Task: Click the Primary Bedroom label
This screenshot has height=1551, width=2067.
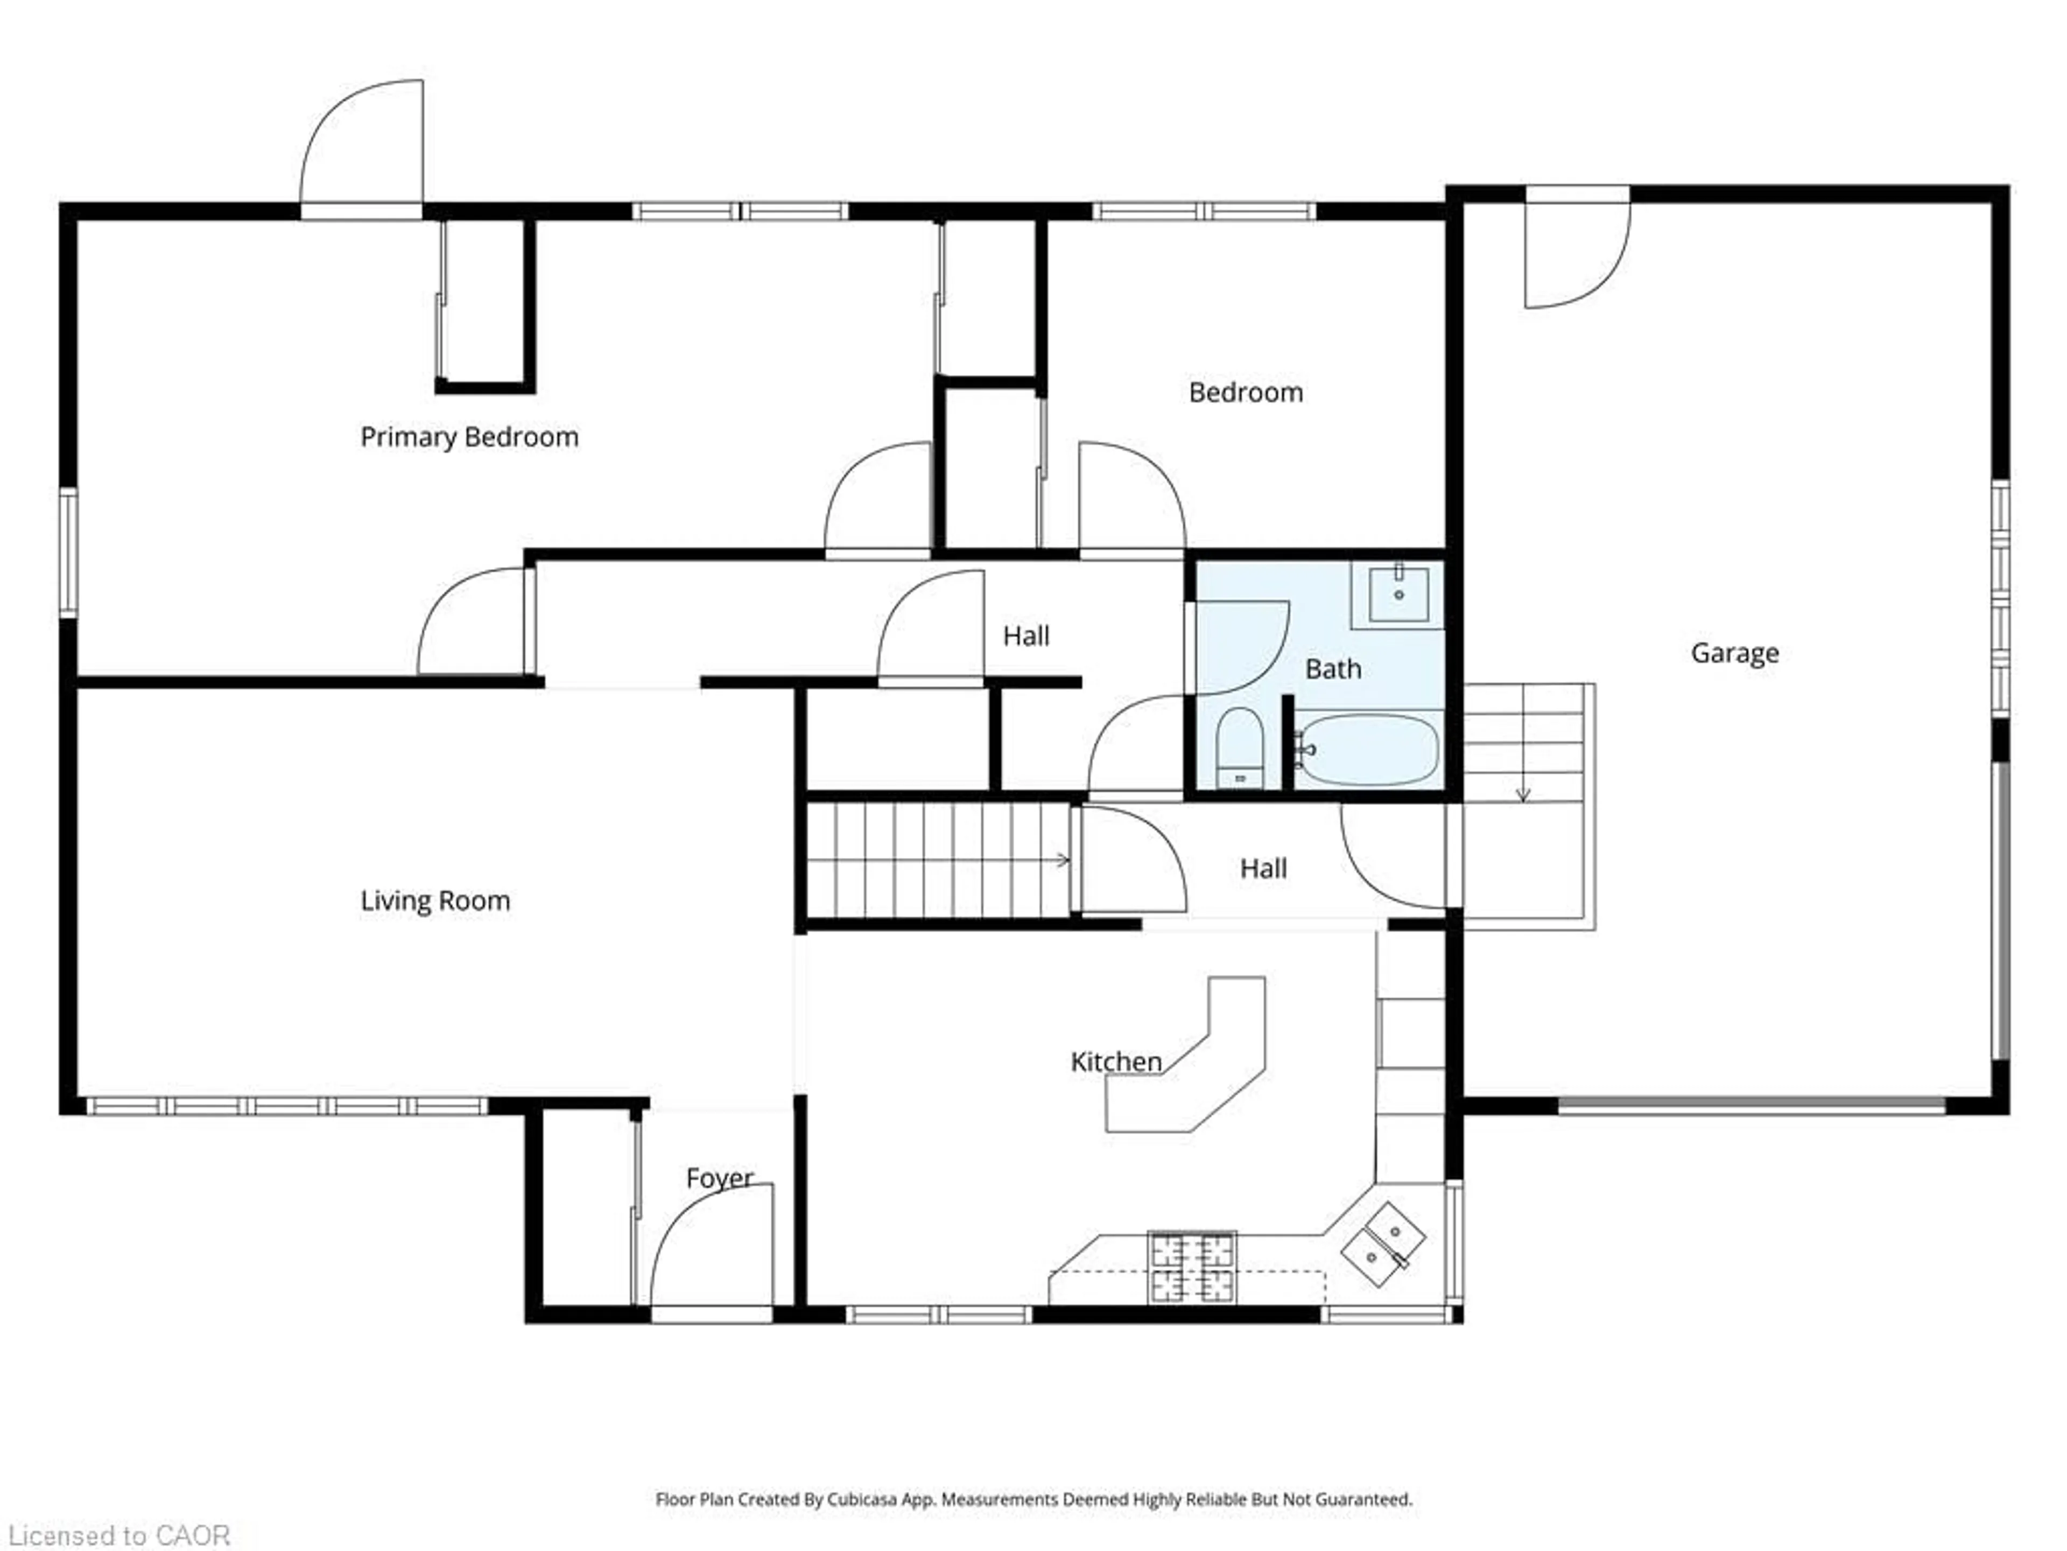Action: [x=469, y=437]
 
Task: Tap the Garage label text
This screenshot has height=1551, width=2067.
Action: [x=1734, y=653]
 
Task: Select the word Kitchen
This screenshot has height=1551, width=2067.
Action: [x=1116, y=1062]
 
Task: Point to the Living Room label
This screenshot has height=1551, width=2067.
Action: [x=435, y=901]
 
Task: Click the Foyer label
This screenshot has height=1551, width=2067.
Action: [x=719, y=1178]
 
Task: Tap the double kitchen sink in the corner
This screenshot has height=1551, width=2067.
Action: [x=1383, y=1245]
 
